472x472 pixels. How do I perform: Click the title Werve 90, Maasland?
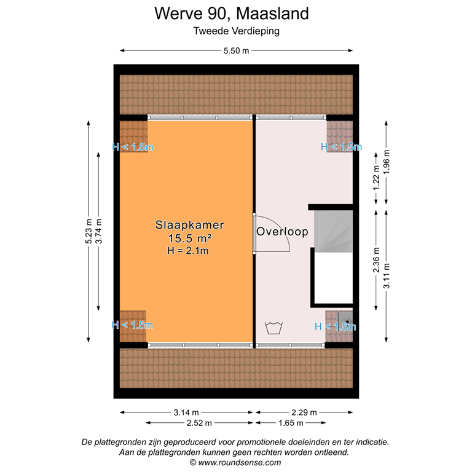click(236, 13)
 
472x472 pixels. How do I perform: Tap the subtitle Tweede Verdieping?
click(236, 31)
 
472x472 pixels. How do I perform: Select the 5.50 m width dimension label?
click(236, 52)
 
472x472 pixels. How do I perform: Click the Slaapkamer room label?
click(189, 226)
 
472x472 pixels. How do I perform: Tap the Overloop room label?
click(282, 232)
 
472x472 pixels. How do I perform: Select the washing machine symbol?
click(272, 328)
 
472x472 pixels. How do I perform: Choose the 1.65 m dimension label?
click(291, 423)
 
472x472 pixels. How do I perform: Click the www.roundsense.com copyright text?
click(236, 462)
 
